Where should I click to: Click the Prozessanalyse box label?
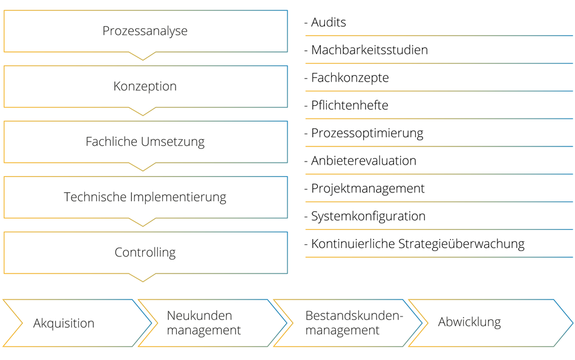tap(145, 31)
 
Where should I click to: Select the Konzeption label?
tap(145, 86)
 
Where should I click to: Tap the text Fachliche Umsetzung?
tap(145, 142)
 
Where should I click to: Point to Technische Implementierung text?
tap(145, 197)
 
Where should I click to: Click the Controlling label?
tap(145, 252)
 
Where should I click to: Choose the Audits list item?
tap(329, 22)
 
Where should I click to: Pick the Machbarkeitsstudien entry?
tap(369, 50)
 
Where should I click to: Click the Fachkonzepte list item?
tap(350, 78)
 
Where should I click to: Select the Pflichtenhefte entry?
tap(349, 105)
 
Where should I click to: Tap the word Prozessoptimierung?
tap(367, 134)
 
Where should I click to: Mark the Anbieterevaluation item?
tap(363, 160)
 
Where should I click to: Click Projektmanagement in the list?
tap(368, 189)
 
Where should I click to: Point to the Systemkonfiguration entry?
tap(368, 216)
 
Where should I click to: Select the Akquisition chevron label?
tap(64, 323)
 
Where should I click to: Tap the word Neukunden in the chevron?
tap(199, 316)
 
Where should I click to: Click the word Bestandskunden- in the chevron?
tap(354, 316)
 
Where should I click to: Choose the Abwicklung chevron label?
tap(470, 322)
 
